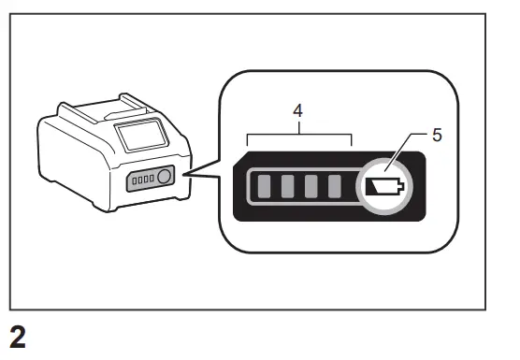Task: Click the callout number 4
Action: click(x=297, y=109)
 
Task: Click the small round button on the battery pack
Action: click(x=164, y=176)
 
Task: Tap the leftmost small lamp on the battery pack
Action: click(x=134, y=178)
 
